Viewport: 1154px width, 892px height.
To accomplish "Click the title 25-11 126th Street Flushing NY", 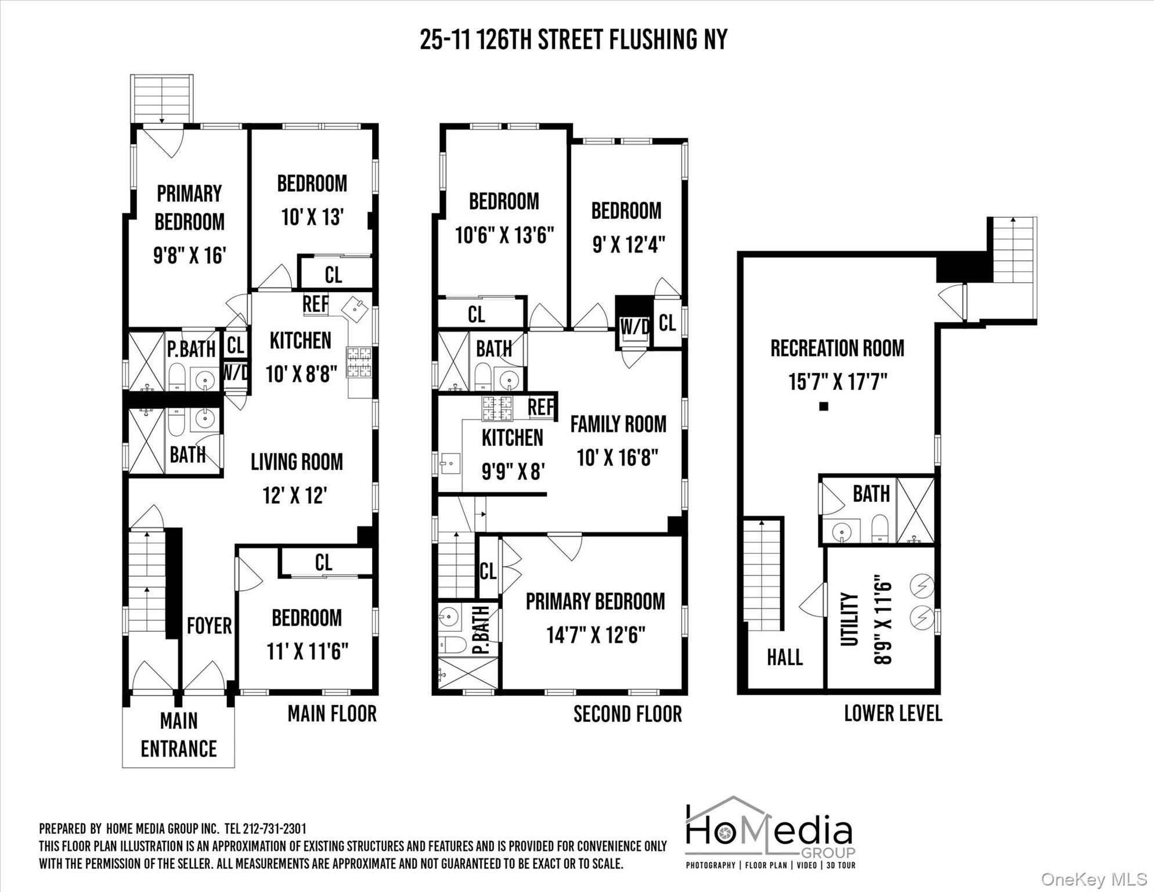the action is coord(574,40).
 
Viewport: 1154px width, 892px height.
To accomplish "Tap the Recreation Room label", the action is coord(837,348).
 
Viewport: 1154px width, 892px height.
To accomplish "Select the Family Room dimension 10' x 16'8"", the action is coord(618,458).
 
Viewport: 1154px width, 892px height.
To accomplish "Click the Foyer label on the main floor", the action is coord(209,625).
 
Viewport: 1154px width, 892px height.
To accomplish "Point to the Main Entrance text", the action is coord(179,735).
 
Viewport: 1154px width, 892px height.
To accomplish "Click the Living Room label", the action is coord(297,462).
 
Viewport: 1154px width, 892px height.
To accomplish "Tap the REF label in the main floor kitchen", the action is coord(315,304).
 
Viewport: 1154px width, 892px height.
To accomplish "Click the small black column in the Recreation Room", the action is coord(823,407).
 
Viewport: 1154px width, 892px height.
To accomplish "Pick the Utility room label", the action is coord(849,619).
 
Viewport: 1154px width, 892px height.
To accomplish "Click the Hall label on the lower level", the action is coord(785,657).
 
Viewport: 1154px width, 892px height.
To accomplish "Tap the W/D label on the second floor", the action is coord(634,326).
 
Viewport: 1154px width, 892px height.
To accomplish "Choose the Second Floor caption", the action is coord(628,714).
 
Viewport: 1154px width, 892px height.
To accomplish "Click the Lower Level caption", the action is coord(893,713).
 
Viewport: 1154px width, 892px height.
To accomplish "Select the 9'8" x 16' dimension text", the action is coord(189,255).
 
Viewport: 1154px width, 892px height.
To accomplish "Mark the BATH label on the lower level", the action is coord(871,494).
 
